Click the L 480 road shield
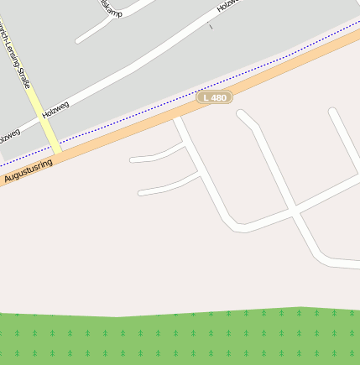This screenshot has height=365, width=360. click(215, 98)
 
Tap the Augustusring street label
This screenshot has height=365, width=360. click(28, 170)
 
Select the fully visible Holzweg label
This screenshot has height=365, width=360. click(55, 114)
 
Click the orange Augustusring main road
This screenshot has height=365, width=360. click(126, 134)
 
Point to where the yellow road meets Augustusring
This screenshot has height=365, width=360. click(57, 154)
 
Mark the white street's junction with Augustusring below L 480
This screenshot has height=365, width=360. click(176, 118)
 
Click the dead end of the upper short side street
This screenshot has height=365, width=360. click(133, 159)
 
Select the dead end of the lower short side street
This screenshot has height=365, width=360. click(141, 193)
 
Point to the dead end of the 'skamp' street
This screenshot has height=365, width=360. click(79, 39)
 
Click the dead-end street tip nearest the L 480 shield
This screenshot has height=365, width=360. click(240, 114)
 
